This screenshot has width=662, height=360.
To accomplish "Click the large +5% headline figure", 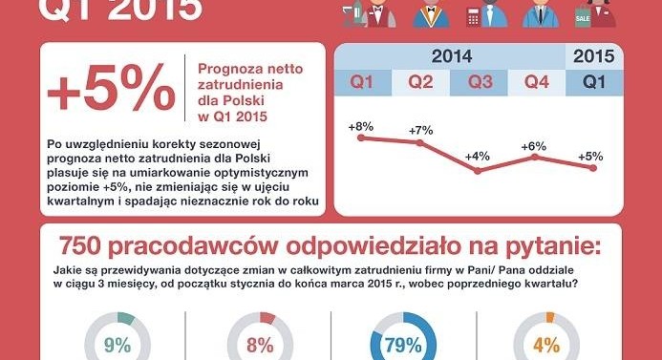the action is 111,87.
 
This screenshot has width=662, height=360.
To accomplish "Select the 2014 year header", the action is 451,56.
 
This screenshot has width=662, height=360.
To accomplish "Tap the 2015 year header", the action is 593,56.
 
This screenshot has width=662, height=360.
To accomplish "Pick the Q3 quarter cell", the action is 480,82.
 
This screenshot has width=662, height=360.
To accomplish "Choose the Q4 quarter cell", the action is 537,82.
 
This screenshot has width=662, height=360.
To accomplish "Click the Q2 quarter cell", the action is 420,82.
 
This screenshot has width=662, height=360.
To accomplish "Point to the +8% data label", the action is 361,127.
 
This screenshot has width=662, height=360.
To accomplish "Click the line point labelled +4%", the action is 478,171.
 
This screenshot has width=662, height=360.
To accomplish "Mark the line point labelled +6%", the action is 535,157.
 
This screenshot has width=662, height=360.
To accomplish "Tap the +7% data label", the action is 420,131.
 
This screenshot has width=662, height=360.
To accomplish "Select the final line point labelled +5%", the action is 593,168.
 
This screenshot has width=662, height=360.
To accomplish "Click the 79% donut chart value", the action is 403,346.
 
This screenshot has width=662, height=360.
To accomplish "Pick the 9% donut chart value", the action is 117,346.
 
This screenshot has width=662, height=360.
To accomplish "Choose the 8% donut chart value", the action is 260,346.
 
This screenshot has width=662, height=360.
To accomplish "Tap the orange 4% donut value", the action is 546,346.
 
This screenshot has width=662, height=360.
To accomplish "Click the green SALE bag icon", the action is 583,18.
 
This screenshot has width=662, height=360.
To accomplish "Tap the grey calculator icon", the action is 473,18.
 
